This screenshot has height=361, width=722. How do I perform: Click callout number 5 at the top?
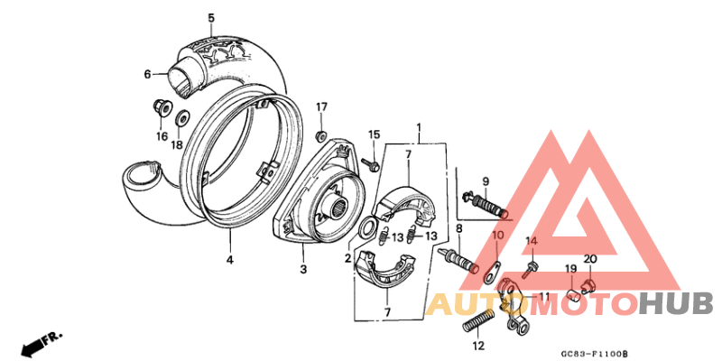[211, 18]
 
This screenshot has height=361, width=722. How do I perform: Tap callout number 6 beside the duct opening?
[147, 75]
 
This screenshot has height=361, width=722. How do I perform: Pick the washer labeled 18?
[180, 117]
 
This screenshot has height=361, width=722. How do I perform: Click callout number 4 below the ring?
[229, 260]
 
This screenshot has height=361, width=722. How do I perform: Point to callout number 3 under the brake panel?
[303, 269]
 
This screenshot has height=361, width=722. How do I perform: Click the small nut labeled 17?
[320, 135]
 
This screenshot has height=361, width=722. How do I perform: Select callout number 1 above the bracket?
[419, 127]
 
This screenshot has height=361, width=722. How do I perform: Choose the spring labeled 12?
[477, 318]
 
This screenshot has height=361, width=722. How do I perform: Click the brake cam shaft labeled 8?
[462, 263]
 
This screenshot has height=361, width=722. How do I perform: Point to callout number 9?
[485, 181]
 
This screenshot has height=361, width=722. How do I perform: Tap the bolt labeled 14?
[529, 268]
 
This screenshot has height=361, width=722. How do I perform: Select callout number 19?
[570, 269]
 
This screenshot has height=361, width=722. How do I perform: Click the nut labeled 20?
[588, 286]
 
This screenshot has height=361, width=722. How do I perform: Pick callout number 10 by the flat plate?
[497, 236]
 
